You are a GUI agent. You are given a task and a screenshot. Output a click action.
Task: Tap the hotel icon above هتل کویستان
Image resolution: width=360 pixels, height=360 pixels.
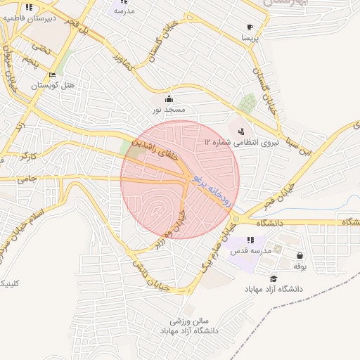pyautogui.click(x=52, y=75)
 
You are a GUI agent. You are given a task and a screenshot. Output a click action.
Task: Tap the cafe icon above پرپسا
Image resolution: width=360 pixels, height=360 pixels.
pyautogui.click(x=250, y=27)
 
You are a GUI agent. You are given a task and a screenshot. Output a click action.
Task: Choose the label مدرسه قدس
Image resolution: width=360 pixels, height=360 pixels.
pyautogui.click(x=250, y=251)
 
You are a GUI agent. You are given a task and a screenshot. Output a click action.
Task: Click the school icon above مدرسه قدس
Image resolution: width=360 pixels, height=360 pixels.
pyautogui.click(x=251, y=240)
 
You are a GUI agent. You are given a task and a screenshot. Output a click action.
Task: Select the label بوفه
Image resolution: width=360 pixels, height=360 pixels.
pyautogui.click(x=300, y=266)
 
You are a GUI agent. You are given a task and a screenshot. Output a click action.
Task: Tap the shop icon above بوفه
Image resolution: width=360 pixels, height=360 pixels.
pyautogui.click(x=301, y=256)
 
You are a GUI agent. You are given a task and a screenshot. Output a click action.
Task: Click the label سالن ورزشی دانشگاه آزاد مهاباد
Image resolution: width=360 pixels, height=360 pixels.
pyautogui.click(x=190, y=325)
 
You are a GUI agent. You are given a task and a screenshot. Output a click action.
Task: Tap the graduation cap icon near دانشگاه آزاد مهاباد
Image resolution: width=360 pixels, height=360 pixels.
pyautogui.click(x=273, y=279)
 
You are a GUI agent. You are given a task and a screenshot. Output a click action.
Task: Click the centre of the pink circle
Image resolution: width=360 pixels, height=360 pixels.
pyautogui.click(x=180, y=179)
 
